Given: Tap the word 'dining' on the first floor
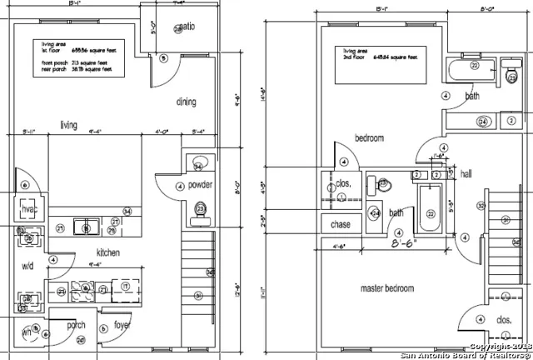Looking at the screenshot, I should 186,102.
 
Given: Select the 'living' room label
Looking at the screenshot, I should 68,126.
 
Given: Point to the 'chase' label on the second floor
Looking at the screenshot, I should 341,224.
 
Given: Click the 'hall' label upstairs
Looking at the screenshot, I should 466,175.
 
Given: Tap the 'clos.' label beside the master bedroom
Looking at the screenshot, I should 503,319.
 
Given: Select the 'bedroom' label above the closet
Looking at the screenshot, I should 369,138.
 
